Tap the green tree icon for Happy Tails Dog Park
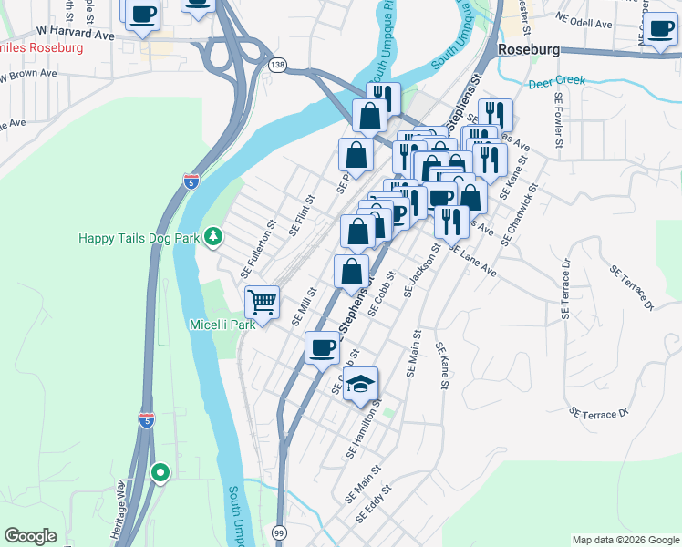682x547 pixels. coord(213,238)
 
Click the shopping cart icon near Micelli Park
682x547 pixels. coord(263,301)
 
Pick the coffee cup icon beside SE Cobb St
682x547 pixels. coord(321,346)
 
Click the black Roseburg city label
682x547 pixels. coord(527,51)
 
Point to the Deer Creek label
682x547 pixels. coord(556,82)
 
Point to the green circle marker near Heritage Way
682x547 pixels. coord(160,472)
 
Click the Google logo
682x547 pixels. coord(30,536)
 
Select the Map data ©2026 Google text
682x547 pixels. coord(625,540)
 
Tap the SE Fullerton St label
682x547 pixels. coord(258,249)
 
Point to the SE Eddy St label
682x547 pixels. coord(375,504)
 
